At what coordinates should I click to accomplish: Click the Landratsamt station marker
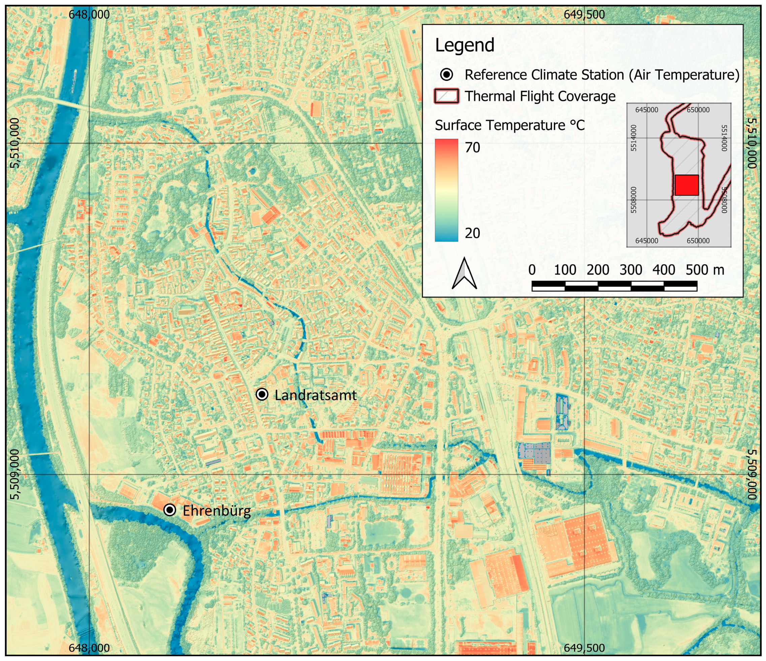[x=262, y=395]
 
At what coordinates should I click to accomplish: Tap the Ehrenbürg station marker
[x=170, y=510]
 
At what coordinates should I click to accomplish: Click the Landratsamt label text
[x=315, y=395]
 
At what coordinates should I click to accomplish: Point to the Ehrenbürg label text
[x=217, y=511]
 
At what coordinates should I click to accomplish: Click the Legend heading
[x=464, y=45]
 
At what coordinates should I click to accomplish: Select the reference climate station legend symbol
[x=447, y=75]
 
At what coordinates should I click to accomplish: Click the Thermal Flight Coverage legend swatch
[x=447, y=96]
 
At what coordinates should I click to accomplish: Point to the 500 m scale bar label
[x=704, y=270]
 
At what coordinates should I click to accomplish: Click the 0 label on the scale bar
[x=532, y=270]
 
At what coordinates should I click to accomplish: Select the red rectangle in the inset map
[x=687, y=185]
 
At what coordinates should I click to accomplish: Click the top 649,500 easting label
[x=584, y=14]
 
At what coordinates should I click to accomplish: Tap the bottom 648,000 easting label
[x=89, y=648]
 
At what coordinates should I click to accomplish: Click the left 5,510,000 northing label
[x=14, y=144]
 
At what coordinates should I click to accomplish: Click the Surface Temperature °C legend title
[x=509, y=125]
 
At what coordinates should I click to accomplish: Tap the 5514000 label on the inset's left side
[x=634, y=138]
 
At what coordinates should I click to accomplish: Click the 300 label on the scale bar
[x=631, y=270]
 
